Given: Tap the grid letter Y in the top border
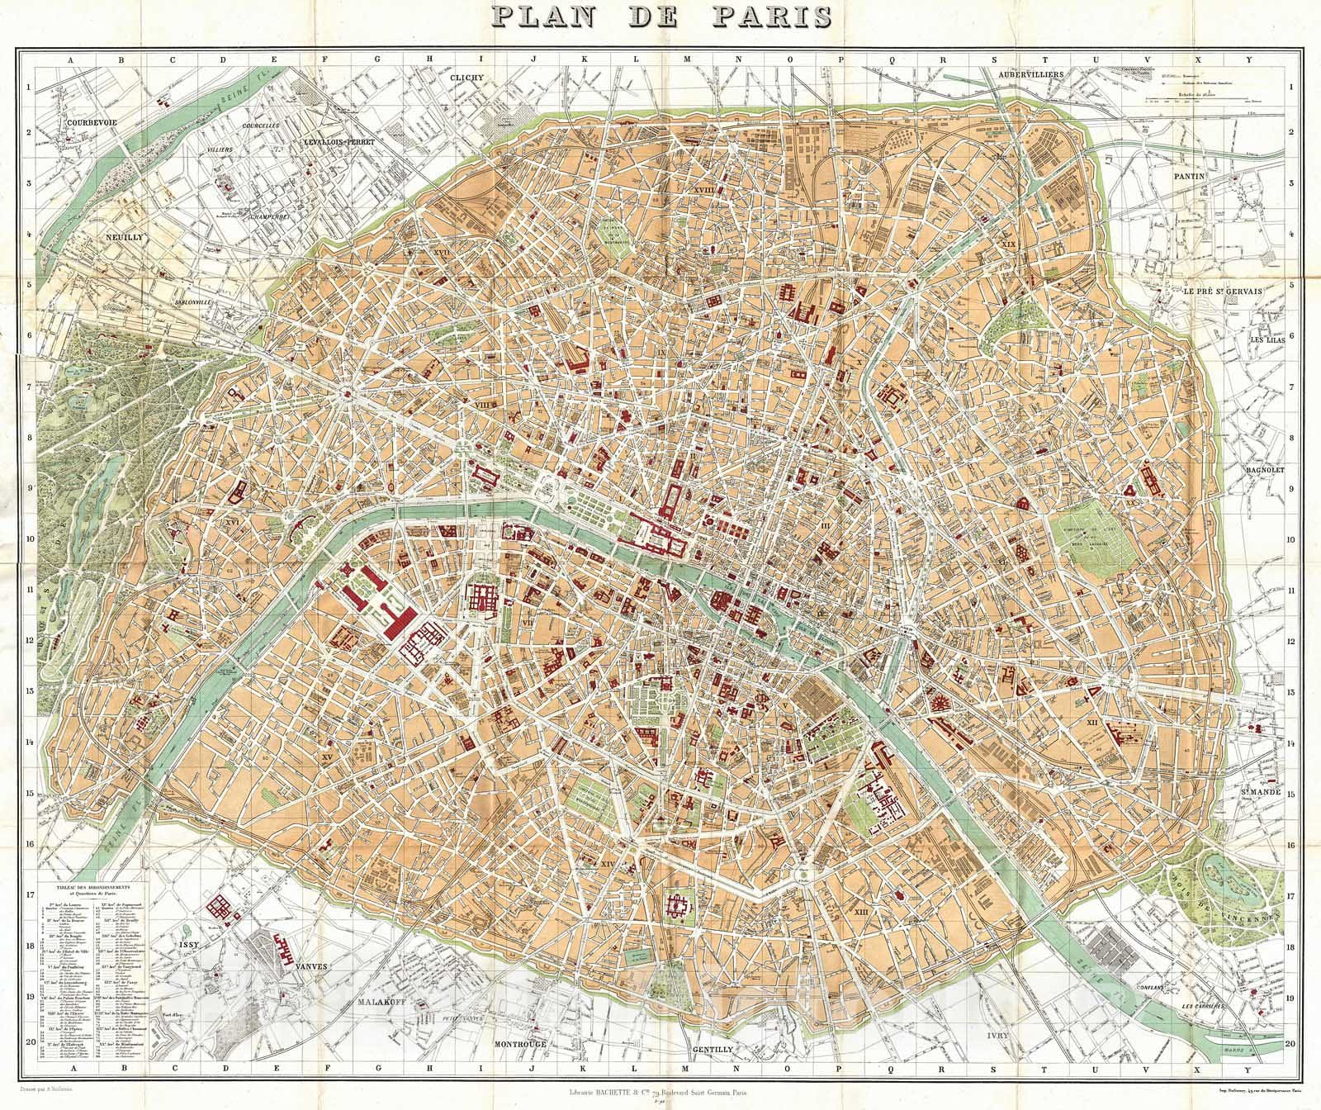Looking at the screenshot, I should [x=1249, y=60].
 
